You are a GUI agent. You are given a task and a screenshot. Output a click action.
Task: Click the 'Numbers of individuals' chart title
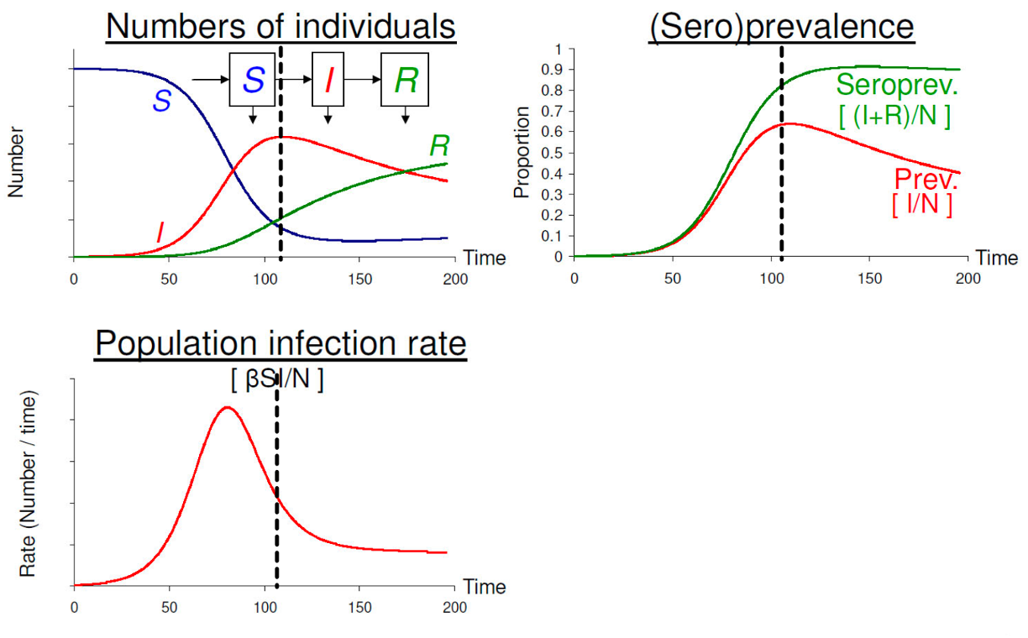coord(281,26)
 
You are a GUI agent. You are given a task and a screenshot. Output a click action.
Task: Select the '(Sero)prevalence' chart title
coord(781,26)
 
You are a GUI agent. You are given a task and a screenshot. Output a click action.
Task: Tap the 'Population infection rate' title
coord(281,344)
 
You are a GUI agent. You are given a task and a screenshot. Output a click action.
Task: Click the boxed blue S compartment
coord(253,81)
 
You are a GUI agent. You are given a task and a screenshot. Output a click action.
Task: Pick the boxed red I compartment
coord(328,80)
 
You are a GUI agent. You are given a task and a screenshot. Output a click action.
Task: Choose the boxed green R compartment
coord(405,80)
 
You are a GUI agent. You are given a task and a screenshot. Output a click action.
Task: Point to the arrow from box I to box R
coord(362,80)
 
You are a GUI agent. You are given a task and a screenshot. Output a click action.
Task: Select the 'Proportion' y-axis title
coord(522,153)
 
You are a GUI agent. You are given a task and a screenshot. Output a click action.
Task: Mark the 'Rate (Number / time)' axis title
coord(28,483)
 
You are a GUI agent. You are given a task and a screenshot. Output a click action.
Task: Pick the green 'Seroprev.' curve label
coord(897,85)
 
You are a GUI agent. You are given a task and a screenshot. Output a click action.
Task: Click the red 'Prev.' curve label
coord(926,180)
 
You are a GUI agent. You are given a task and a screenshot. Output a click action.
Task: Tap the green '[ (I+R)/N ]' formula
coord(894,116)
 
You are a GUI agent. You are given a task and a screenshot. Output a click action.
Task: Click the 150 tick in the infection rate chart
coord(359,607)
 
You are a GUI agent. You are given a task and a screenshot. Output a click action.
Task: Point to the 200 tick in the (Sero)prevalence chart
coord(968,278)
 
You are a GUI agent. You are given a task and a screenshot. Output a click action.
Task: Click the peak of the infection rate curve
coord(226,408)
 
